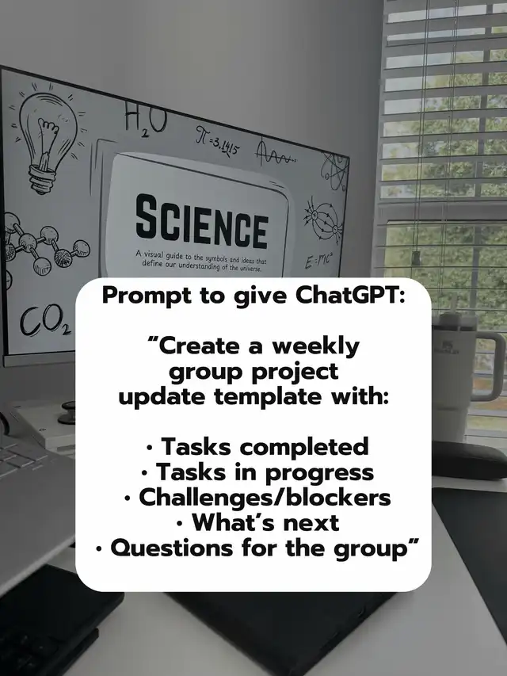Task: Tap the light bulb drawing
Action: click(48, 139)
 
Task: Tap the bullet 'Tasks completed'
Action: click(257, 447)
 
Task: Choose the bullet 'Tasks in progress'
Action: click(257, 472)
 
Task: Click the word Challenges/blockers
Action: click(265, 497)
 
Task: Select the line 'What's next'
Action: click(257, 522)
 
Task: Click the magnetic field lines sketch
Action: click(322, 220)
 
